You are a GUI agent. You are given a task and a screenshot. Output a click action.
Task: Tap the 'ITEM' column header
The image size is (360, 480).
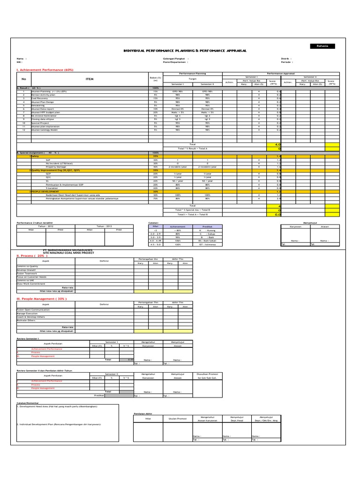(90, 79)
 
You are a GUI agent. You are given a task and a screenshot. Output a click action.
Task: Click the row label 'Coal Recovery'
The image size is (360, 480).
(41, 98)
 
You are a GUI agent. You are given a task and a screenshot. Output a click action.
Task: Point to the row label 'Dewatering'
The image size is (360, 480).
(38, 105)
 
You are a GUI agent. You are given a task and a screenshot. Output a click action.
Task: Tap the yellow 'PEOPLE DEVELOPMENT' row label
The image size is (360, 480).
(46, 192)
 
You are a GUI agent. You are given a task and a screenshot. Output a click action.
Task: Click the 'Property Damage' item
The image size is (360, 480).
(56, 167)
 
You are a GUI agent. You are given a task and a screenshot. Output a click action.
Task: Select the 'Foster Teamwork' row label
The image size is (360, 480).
(28, 273)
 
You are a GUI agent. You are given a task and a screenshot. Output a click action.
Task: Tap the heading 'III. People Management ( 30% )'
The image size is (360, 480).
(42, 298)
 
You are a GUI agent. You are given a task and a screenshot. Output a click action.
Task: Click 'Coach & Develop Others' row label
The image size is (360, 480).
(31, 316)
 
